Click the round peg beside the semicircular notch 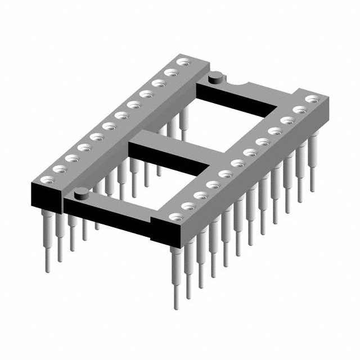pyautogui.click(x=214, y=79)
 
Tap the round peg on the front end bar pyautogui.click(x=81, y=193)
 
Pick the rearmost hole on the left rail pyautogui.click(x=182, y=62)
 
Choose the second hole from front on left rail pyautogui.click(x=58, y=168)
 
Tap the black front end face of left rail pyautogui.click(x=44, y=197)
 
